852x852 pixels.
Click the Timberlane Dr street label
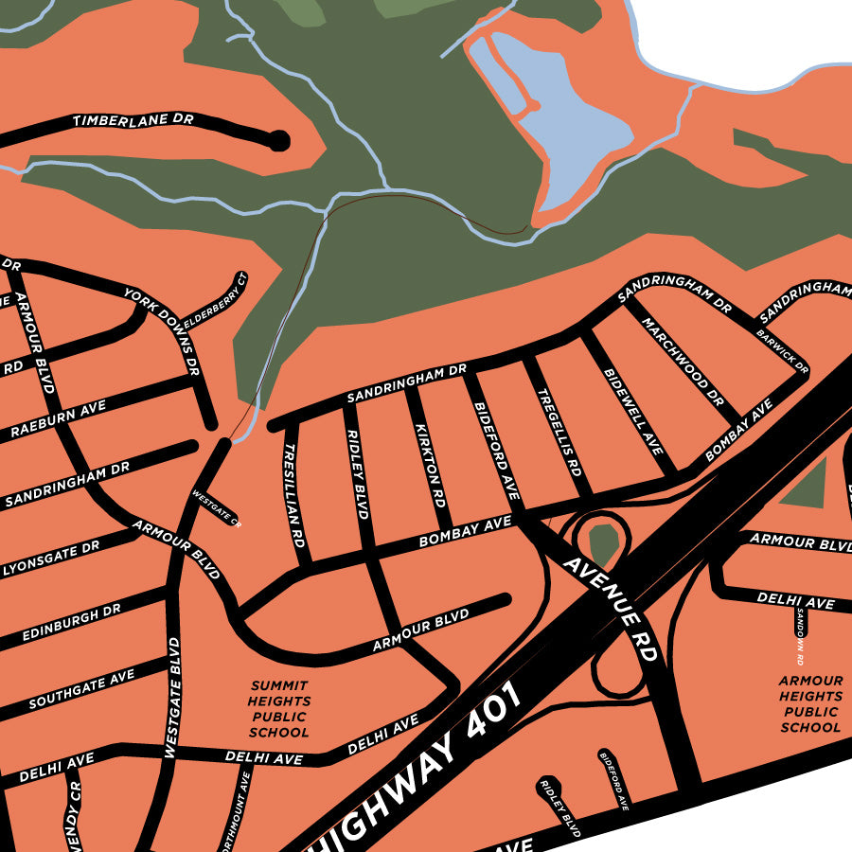click(133, 120)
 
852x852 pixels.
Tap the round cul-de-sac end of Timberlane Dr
click(278, 141)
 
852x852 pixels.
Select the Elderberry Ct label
click(215, 302)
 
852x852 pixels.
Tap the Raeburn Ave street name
click(59, 417)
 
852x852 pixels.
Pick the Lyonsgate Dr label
click(51, 559)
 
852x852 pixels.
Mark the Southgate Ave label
click(81, 690)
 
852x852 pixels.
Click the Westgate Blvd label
click(172, 699)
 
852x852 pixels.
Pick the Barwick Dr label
click(783, 348)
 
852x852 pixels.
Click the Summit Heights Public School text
click(279, 708)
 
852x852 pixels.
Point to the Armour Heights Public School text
click(810, 704)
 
